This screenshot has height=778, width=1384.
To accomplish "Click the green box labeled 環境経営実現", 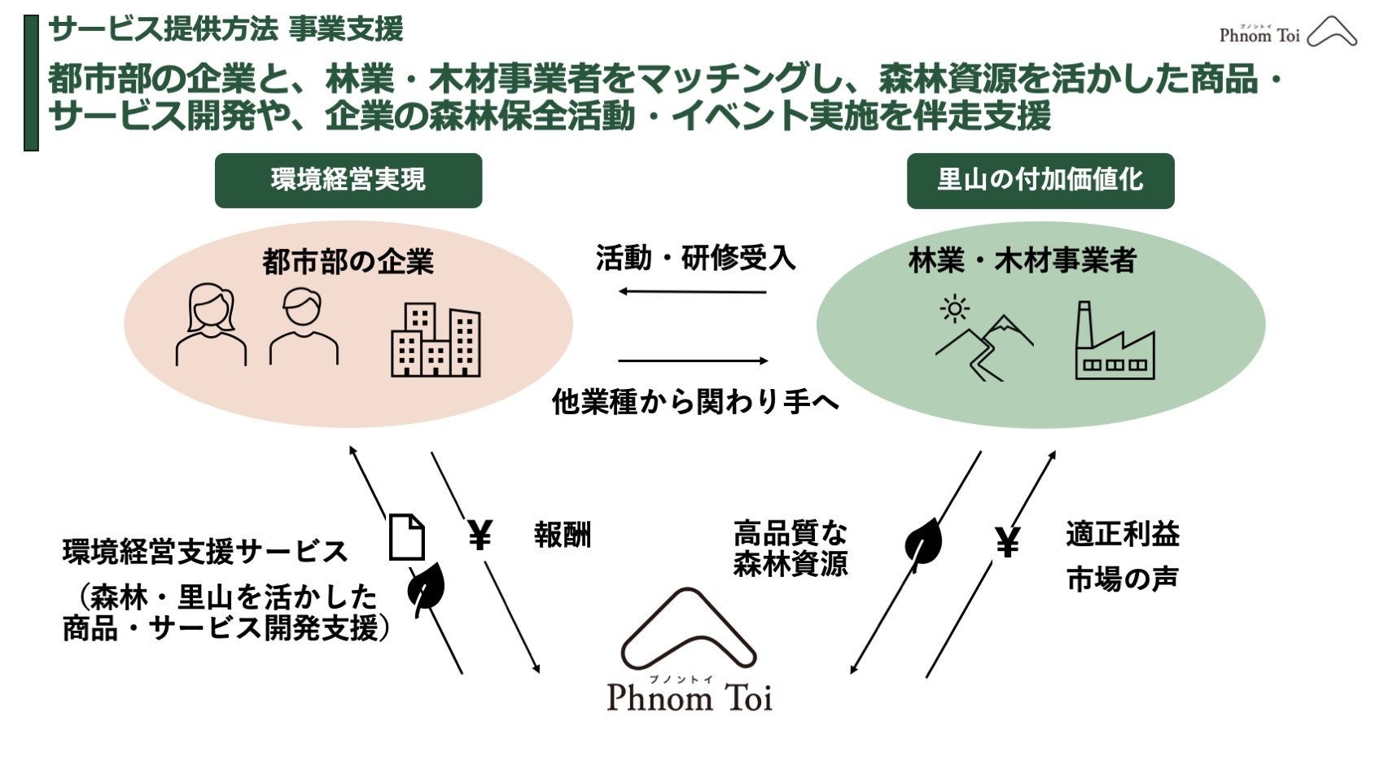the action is click(x=348, y=180).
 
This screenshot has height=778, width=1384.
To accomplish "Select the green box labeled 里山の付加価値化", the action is click(x=1040, y=180).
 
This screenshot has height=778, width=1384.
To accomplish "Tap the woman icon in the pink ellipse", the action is click(x=211, y=324).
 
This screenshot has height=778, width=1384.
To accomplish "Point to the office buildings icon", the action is click(x=436, y=340).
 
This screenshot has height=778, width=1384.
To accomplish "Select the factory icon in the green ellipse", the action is click(x=1114, y=341).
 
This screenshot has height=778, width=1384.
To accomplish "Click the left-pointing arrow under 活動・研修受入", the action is click(x=692, y=291).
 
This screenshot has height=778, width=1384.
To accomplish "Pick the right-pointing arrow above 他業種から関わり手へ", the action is click(x=692, y=361).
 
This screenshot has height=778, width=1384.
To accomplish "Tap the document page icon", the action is click(x=406, y=537).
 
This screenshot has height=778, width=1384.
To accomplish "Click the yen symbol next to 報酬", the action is click(x=480, y=535).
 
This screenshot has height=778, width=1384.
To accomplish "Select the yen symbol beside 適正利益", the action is click(x=1007, y=542).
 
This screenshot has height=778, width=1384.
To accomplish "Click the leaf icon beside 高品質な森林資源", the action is click(x=923, y=540).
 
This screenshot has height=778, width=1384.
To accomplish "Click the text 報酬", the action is click(x=562, y=535).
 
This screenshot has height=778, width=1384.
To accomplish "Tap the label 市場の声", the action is click(x=1122, y=579).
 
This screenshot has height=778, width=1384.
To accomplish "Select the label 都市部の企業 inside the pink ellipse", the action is click(x=348, y=262).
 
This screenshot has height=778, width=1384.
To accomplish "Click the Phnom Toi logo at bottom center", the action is click(x=690, y=652).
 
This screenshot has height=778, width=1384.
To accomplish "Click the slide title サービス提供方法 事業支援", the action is click(x=226, y=29).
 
